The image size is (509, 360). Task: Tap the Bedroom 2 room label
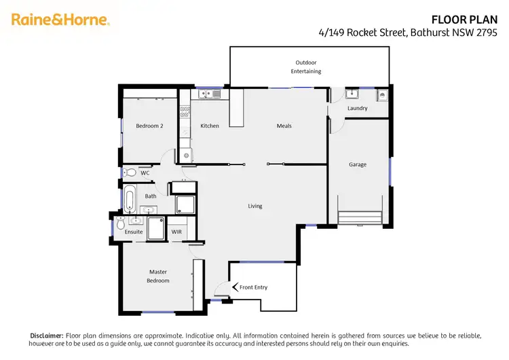point(149,126)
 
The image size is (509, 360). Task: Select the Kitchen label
point(210,126)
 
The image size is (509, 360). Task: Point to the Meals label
point(284,126)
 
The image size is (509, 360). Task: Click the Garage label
point(358,164)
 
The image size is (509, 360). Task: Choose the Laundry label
point(357,108)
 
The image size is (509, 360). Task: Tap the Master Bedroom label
point(158,276)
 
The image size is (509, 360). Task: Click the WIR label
point(176,232)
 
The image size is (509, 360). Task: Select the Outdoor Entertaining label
point(306,67)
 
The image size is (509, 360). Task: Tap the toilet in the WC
point(130,173)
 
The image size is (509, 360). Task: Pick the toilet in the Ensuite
point(120,223)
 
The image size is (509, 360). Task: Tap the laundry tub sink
point(352,94)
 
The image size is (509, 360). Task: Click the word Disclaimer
point(46,336)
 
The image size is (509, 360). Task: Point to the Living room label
point(254,206)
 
